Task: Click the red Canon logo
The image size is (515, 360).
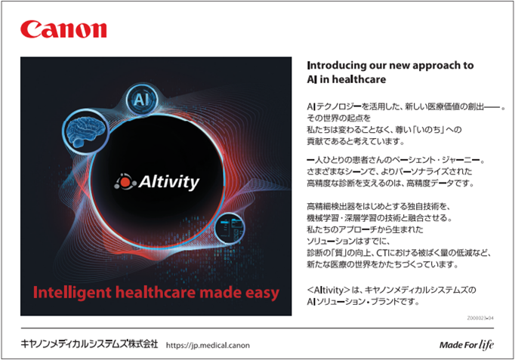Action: pyautogui.click(x=63, y=29)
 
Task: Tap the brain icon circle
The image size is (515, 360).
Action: pyautogui.click(x=85, y=133)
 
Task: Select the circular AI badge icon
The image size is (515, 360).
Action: pyautogui.click(x=141, y=99)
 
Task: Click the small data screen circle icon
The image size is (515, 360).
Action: pyautogui.click(x=230, y=228)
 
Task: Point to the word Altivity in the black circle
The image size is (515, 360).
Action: pyautogui.click(x=169, y=182)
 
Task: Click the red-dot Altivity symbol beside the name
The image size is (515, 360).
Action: pyautogui.click(x=125, y=182)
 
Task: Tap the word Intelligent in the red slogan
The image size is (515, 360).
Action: pyautogui.click(x=72, y=293)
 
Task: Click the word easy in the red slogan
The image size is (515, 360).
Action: pyautogui.click(x=262, y=294)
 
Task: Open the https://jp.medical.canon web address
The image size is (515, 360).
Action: pyautogui.click(x=208, y=345)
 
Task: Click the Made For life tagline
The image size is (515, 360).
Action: pyautogui.click(x=467, y=345)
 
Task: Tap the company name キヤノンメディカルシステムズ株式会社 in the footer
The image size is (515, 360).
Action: pyautogui.click(x=89, y=344)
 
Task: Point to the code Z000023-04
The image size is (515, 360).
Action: pyautogui.click(x=480, y=318)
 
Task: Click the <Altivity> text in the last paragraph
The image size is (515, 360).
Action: pyautogui.click(x=328, y=290)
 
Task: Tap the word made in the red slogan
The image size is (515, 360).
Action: pyautogui.click(x=220, y=292)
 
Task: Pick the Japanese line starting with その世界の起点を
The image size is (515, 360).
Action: pyautogui.click(x=338, y=118)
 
